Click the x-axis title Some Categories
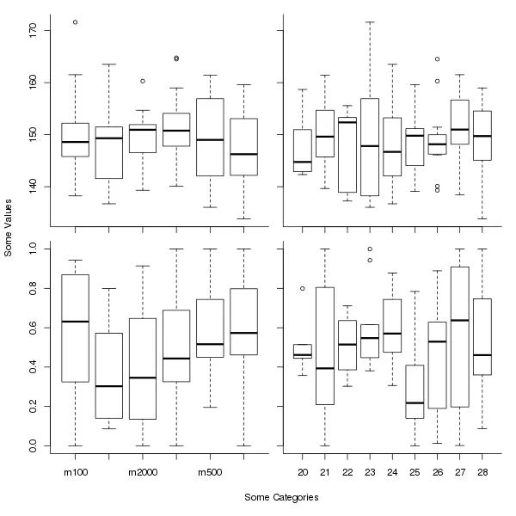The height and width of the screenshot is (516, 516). coord(281,497)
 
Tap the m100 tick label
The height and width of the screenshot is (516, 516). coord(76,472)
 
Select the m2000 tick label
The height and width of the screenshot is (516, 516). coord(143,472)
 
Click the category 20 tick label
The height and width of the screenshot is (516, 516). coord(303,472)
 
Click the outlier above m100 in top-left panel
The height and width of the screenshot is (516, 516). coord(76,22)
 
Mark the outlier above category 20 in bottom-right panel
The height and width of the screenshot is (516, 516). coord(303,289)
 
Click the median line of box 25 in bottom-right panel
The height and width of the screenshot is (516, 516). coord(415,402)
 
